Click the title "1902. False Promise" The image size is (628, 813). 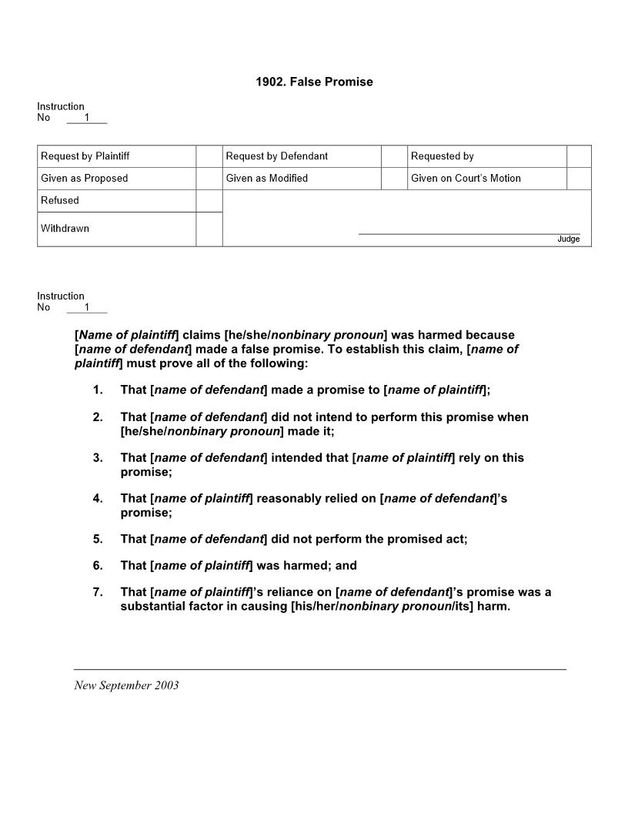tap(314, 82)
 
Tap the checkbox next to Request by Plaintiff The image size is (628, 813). tap(209, 156)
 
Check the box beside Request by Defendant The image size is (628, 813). tap(394, 156)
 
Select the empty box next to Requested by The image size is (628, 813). tap(579, 156)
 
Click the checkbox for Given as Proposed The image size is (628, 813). tap(209, 179)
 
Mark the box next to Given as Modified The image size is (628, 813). tap(394, 179)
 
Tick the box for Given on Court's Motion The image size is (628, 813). tap(579, 179)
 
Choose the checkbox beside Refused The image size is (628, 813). tap(209, 201)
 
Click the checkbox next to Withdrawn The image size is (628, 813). tap(209, 229)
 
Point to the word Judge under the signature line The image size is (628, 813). tap(568, 239)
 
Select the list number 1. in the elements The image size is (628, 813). tap(98, 390)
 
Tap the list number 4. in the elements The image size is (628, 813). tap(98, 499)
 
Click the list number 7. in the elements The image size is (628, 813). tap(98, 592)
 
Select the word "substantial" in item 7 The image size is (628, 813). tap(152, 607)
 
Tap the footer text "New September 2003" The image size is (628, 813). tap(126, 685)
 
